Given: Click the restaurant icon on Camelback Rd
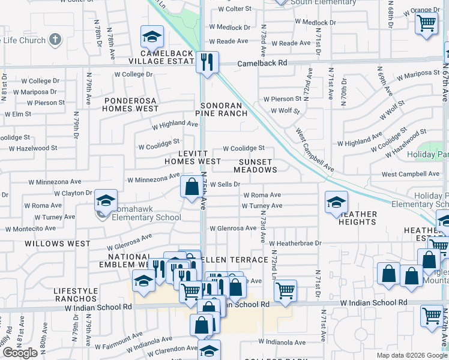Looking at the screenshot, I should (207, 62).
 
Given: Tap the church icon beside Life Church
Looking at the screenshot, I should (55, 40).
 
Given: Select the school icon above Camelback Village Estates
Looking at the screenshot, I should (152, 37).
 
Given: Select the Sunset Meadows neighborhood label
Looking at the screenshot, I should (258, 166).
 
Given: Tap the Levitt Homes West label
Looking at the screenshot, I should (193, 157).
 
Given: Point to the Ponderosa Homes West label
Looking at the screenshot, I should (130, 104).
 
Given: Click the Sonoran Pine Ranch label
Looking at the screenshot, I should (222, 109).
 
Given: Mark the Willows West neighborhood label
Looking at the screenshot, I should (57, 244).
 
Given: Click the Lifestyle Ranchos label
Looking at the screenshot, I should (76, 294).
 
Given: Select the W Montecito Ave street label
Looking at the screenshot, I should (39, 229).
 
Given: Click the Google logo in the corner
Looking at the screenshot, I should (20, 353).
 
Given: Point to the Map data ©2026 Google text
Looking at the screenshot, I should (412, 355).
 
